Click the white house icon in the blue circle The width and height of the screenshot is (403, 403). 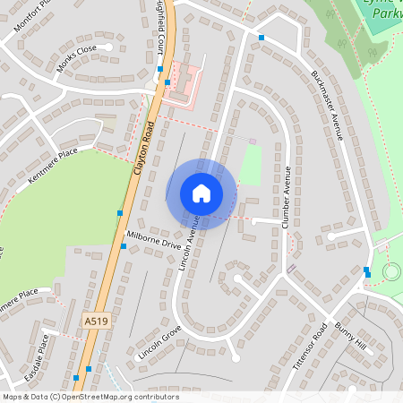pos(201,193)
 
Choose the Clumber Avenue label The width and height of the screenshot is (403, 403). pos(287,197)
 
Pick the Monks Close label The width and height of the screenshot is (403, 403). pos(76,60)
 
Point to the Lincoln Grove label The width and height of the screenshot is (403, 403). pos(160,342)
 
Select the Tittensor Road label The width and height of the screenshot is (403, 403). pos(310,347)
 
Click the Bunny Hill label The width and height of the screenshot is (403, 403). pos(351,339)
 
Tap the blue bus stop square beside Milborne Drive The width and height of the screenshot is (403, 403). pos(124,245)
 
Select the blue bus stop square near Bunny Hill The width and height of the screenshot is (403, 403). pos(366,270)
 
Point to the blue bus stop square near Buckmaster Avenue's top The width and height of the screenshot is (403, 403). pos(262,38)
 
